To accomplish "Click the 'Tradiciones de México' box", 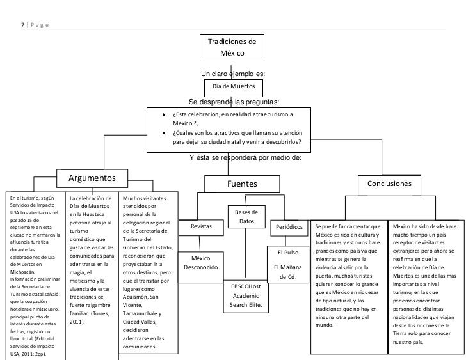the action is point(232,47).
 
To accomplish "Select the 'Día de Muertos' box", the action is point(234,88).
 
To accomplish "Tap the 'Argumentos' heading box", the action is point(92,178).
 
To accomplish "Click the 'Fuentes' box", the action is point(242,184).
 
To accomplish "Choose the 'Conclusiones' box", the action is point(389,185).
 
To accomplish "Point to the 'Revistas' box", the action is point(201,228).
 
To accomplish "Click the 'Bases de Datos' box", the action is point(246,217).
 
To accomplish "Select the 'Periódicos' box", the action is point(289,228).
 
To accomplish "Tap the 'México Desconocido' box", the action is point(200,267).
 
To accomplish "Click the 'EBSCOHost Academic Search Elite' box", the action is point(246,296).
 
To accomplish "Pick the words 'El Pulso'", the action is point(288,253).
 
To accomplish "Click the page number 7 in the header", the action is point(22,25).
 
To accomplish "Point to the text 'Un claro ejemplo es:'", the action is point(233,74).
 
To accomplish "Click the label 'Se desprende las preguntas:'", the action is point(234,102).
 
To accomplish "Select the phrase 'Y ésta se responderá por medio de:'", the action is point(246,157).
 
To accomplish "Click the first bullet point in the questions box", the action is point(164,115).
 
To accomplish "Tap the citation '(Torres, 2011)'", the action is point(90,318).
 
